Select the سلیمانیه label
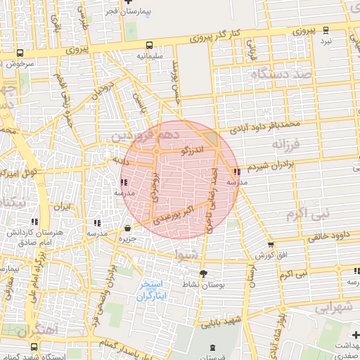150,54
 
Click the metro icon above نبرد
326,30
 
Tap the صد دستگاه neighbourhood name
274,74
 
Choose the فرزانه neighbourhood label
290,143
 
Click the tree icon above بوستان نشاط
204,274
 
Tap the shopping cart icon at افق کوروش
271,245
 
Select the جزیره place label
127,238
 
